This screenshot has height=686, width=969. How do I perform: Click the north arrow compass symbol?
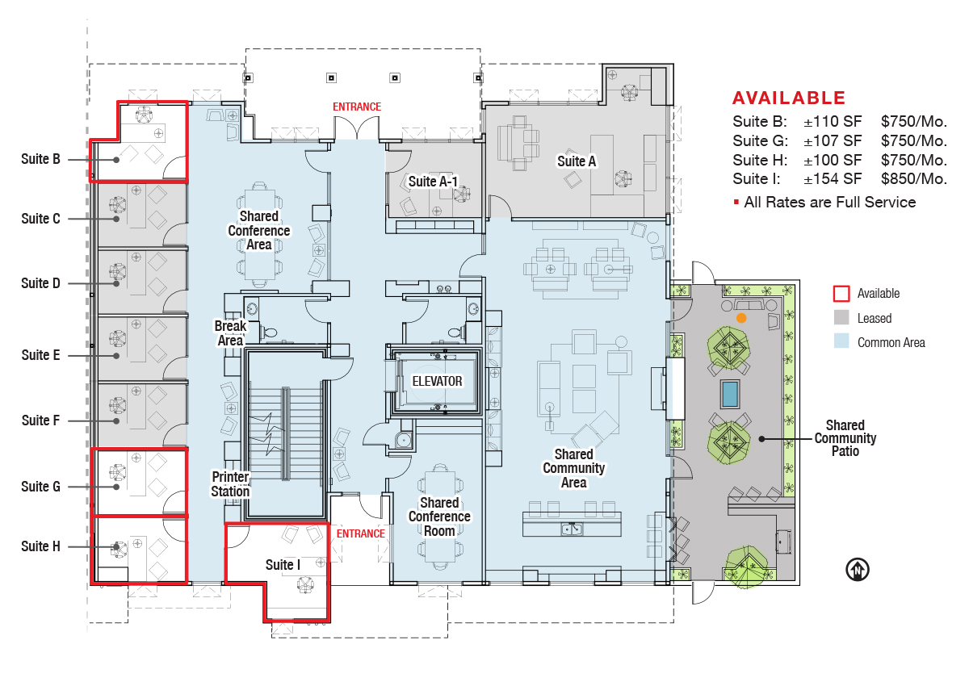pos(857,569)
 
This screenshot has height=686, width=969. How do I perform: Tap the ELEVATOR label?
pos(437,381)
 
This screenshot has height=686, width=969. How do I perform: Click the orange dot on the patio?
pos(741,318)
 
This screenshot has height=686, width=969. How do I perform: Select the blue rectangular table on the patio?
pos(730,394)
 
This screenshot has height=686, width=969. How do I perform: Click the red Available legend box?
pos(841,294)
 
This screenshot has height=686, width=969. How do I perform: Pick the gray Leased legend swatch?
pos(841,318)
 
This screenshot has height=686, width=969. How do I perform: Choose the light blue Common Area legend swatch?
pos(841,342)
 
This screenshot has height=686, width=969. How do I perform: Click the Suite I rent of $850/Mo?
pos(913,179)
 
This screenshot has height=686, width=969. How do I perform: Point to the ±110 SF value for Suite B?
pos(833,122)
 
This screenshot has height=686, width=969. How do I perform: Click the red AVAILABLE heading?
pos(789,98)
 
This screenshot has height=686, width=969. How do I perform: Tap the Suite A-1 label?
pos(433,182)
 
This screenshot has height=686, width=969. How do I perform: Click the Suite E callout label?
pos(40,355)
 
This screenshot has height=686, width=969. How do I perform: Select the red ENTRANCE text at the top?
pos(357,107)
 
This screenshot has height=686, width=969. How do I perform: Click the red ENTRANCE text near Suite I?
pos(361,533)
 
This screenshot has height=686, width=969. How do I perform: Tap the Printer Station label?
pos(230,484)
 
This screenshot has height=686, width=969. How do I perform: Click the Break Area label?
pos(230,333)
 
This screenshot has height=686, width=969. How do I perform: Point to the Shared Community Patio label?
pos(845,438)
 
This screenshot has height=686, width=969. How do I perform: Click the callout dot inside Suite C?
pos(116,219)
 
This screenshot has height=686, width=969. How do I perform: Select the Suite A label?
pos(577,161)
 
